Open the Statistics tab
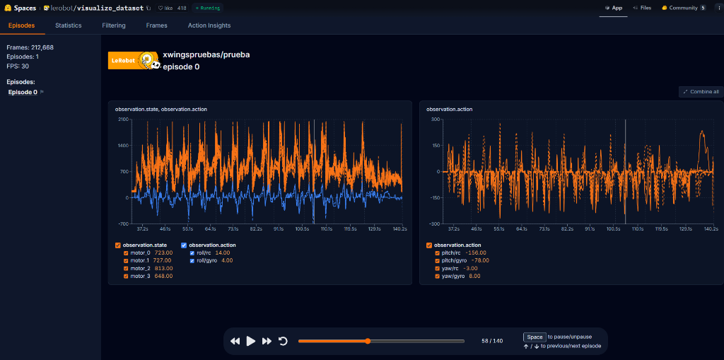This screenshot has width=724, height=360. tap(69, 25)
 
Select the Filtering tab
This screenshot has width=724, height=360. tap(114, 25)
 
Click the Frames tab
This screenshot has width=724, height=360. tap(157, 25)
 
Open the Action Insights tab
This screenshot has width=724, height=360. tap(209, 25)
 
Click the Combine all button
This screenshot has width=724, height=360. tap(701, 92)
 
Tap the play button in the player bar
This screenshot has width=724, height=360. tap(251, 341)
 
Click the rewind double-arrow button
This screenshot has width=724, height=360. tap(235, 341)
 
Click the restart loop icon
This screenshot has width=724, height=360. tap(283, 341)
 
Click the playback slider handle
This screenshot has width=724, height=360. tap(368, 341)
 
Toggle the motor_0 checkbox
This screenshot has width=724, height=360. tap(126, 252)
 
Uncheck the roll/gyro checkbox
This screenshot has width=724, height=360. tap(192, 260)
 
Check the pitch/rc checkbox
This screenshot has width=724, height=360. tap(437, 252)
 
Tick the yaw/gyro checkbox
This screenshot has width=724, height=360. tap(437, 276)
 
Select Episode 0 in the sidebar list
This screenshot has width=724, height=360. tap(23, 92)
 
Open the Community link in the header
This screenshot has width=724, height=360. tap(683, 8)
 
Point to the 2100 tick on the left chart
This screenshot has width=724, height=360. tap(123, 120)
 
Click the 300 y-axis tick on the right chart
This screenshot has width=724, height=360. tap(436, 120)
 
